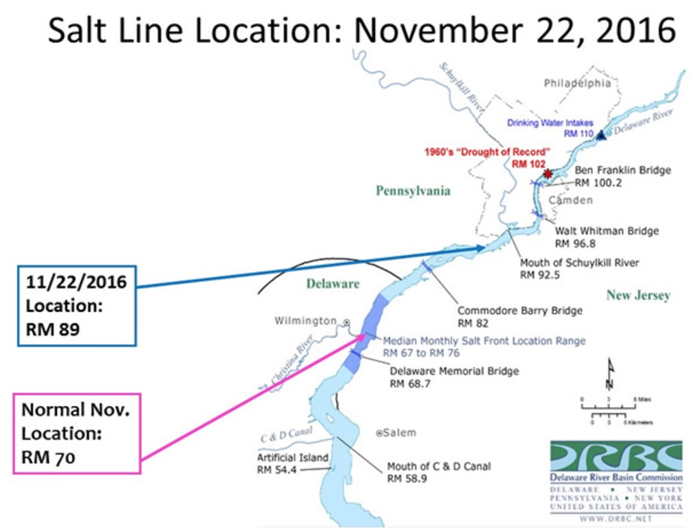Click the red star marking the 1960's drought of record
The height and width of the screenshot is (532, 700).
(548, 173)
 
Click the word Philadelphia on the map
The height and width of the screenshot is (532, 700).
(577, 84)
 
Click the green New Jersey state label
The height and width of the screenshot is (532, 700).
(638, 296)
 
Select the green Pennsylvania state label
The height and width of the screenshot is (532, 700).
(412, 191)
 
